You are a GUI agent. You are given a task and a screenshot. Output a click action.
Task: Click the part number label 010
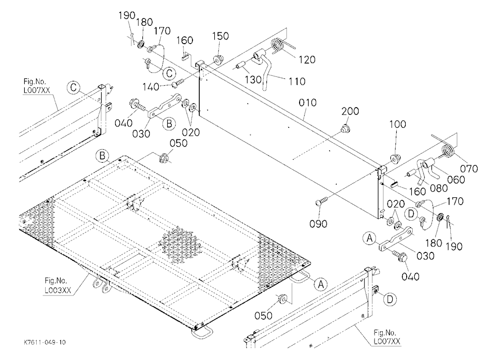[x=308, y=103]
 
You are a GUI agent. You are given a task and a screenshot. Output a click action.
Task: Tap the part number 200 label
[x=350, y=111]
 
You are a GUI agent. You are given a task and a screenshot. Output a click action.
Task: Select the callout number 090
[x=318, y=224]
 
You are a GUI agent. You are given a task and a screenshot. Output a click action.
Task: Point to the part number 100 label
[x=397, y=124]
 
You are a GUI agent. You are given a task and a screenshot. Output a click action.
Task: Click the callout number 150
[x=220, y=36]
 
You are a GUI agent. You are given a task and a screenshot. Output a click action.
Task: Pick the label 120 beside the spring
[x=307, y=60]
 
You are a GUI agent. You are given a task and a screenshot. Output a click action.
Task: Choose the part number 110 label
[x=297, y=81]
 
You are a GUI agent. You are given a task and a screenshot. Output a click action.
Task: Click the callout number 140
[x=151, y=87]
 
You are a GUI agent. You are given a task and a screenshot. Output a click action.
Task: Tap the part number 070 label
[x=469, y=169]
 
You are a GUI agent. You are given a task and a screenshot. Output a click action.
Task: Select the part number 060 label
[x=456, y=180]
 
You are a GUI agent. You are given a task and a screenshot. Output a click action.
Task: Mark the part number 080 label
[x=439, y=188]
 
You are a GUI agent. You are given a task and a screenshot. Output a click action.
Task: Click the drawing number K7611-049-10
[x=45, y=342]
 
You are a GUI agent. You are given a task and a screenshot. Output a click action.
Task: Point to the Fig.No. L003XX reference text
[x=58, y=285]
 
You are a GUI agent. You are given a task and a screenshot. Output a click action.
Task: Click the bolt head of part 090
[x=319, y=203]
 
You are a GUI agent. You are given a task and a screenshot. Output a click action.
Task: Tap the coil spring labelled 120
[x=278, y=45]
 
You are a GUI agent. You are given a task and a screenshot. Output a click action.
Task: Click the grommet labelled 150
[x=217, y=59]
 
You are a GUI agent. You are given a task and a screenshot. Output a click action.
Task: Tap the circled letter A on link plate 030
[x=370, y=238]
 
